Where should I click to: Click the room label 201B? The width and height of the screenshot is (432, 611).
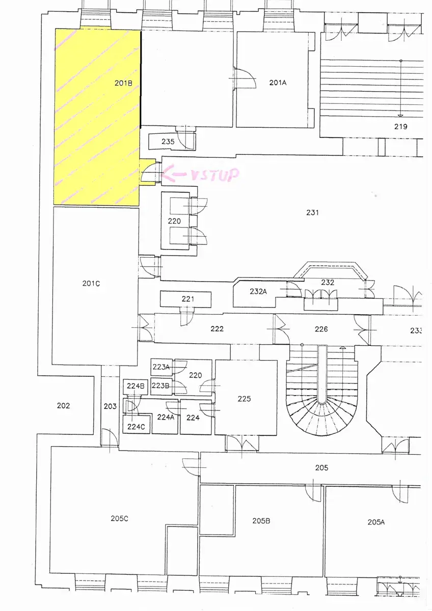tap(123, 83)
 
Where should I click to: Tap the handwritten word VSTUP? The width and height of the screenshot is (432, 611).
tap(214, 175)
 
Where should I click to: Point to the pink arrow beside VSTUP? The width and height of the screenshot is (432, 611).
tap(174, 173)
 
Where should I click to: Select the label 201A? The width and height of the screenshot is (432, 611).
tap(278, 82)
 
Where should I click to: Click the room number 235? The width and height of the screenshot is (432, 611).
tap(168, 142)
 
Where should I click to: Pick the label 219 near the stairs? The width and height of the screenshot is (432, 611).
tap(400, 126)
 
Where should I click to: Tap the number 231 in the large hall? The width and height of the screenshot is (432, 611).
tap(312, 212)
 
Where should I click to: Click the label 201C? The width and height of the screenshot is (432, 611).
tap(91, 284)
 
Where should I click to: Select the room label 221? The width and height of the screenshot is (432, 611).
tap(188, 299)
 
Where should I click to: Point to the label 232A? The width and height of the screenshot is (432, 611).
tap(258, 291)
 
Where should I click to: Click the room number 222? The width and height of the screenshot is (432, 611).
tap(217, 329)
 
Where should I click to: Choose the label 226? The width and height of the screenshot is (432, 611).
tap(321, 329)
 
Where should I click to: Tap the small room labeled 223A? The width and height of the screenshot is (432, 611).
tap(161, 367)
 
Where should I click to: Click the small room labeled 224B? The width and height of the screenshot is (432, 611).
tap(136, 386)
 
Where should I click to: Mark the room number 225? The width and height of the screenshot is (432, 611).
tap(244, 399)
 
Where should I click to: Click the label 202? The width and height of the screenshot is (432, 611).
tap(63, 406)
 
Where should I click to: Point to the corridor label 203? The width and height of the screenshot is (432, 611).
tap(110, 406)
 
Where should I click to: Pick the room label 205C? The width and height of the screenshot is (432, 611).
tap(119, 518)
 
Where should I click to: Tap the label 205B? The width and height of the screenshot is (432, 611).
tap(261, 521)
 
